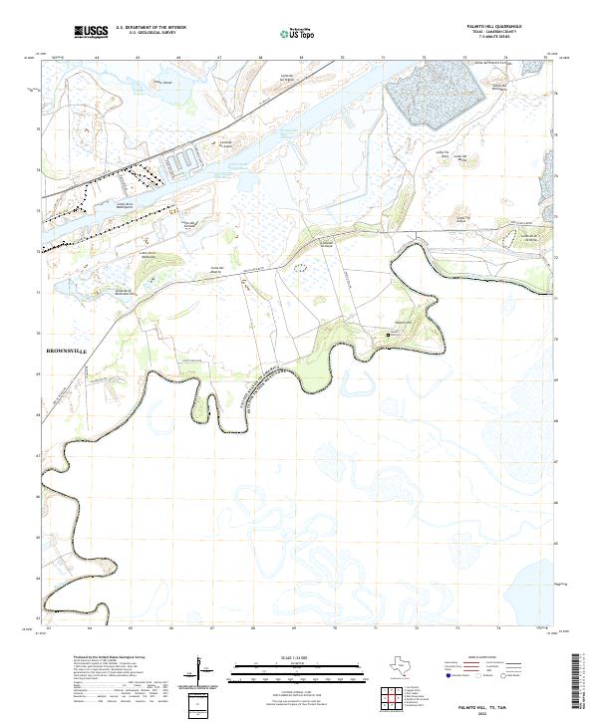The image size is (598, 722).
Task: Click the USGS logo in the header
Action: tap(91, 32)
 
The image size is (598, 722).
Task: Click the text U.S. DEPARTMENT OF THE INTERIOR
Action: tap(150, 28)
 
